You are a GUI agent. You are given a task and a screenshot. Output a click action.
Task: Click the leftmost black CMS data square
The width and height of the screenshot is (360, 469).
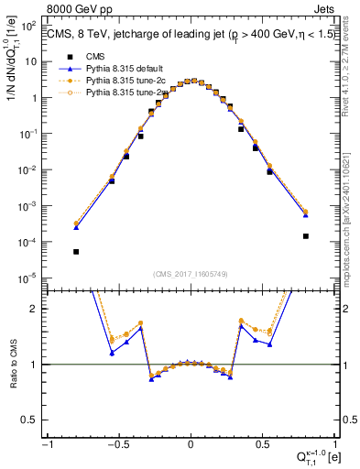point(76,252)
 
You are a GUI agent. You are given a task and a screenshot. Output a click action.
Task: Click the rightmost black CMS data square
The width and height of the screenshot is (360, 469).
point(305,236)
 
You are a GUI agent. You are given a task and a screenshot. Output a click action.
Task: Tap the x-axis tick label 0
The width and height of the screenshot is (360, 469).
point(191,444)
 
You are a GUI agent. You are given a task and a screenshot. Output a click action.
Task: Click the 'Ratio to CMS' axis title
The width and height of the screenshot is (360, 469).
point(12,364)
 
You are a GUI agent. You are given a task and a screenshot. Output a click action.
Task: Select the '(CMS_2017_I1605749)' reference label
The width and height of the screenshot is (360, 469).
point(191,273)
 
